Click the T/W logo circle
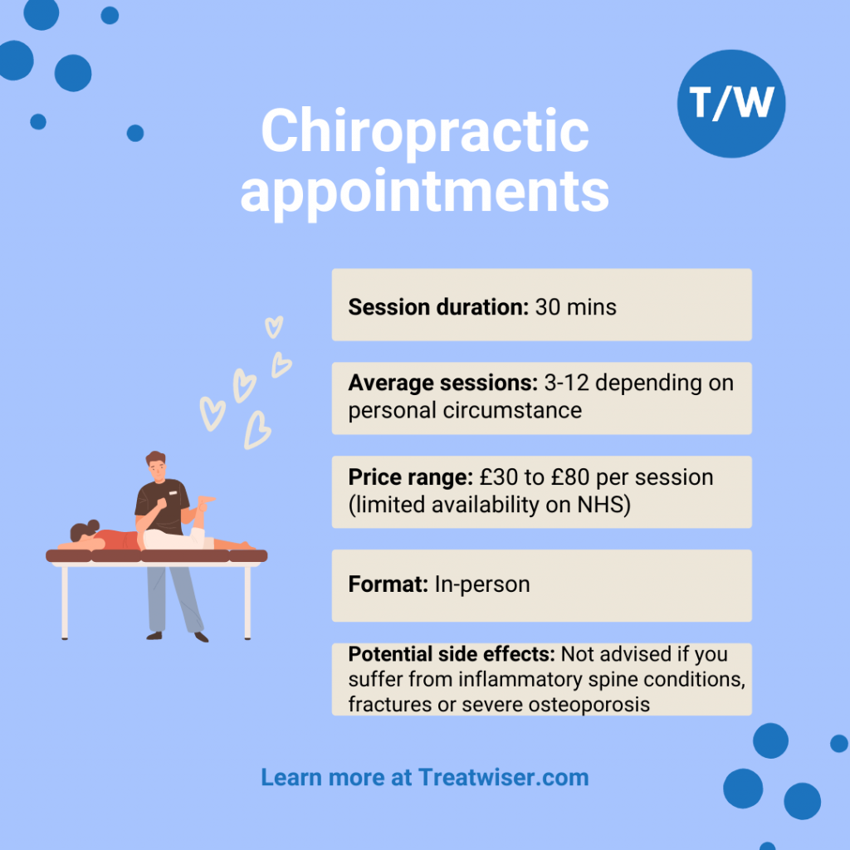pyautogui.click(x=730, y=104)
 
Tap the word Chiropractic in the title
pyautogui.click(x=425, y=132)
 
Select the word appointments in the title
pyautogui.click(x=425, y=193)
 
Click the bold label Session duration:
pyautogui.click(x=438, y=307)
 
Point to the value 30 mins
pyautogui.click(x=576, y=307)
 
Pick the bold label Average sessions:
pyautogui.click(x=443, y=383)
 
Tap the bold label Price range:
pyautogui.click(x=410, y=477)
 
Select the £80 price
pyautogui.click(x=570, y=477)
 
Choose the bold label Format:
pyautogui.click(x=388, y=584)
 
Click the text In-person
pyautogui.click(x=482, y=584)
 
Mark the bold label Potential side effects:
pyautogui.click(x=452, y=654)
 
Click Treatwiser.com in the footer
pyautogui.click(x=504, y=777)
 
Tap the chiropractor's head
pyautogui.click(x=156, y=465)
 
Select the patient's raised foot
pyautogui.click(x=207, y=499)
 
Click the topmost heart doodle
pyautogui.click(x=274, y=327)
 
